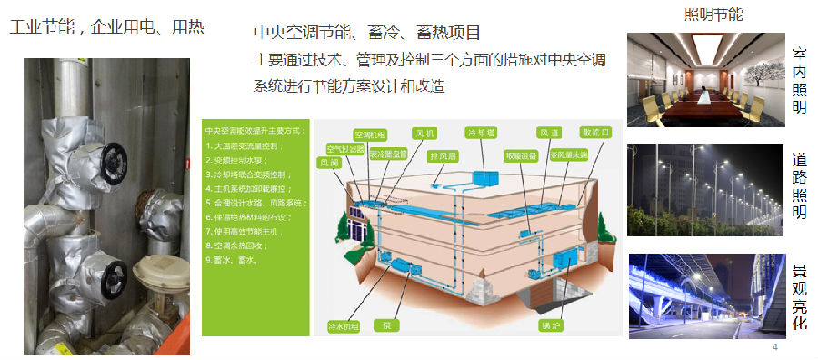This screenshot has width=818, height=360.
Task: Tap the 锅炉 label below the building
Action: [x=549, y=324]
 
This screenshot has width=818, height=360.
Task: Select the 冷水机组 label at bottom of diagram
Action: [x=342, y=325]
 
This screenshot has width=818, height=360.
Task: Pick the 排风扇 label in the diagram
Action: [x=442, y=155]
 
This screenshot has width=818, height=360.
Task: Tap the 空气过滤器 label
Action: [x=345, y=147]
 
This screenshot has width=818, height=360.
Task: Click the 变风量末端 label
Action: [x=570, y=155]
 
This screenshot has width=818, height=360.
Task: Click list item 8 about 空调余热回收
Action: [x=236, y=245]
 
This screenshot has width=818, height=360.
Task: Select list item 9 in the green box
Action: [x=231, y=260]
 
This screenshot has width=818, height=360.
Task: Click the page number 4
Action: [x=774, y=347]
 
